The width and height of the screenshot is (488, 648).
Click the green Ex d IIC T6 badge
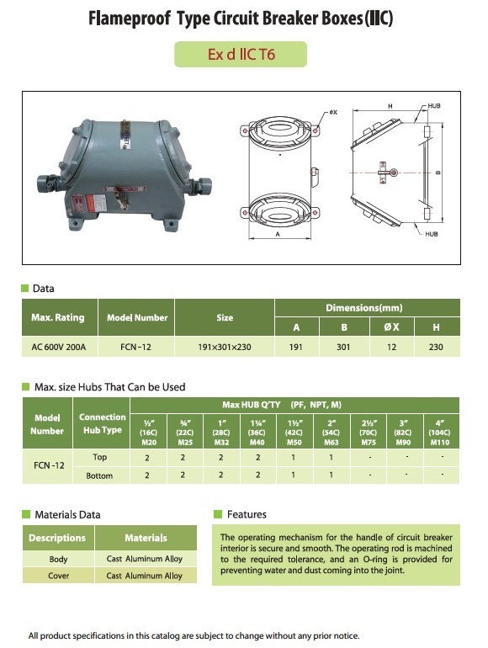coord(241,54)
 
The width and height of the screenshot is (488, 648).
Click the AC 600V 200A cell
coord(59,347)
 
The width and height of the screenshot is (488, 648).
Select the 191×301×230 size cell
coord(225,347)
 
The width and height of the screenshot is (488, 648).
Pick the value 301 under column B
coord(343,347)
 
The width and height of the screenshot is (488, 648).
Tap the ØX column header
coord(391,327)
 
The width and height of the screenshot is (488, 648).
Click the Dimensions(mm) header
coord(364,308)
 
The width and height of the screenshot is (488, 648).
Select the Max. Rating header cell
coord(58,317)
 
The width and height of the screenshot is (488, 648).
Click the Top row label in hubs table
coord(100,457)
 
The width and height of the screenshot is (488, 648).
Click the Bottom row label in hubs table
coord(99,475)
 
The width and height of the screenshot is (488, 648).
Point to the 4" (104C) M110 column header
coord(440,433)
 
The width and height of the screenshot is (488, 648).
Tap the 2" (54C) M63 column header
coord(331,433)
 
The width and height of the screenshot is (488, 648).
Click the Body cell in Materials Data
coord(58,559)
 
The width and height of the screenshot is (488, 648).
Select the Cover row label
coord(58,576)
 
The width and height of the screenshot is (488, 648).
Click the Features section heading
coord(247,514)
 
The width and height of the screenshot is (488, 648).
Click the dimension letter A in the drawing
coord(278,234)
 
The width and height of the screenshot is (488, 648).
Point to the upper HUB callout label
coord(434,106)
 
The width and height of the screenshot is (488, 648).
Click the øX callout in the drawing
coord(333,112)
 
